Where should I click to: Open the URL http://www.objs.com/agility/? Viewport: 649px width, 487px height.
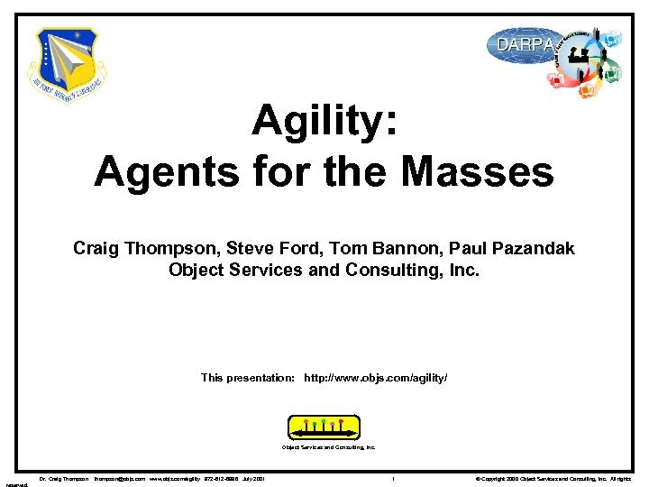click(x=376, y=378)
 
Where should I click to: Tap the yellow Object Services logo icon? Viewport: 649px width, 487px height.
click(x=324, y=426)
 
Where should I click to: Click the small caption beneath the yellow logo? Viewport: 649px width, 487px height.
click(x=328, y=446)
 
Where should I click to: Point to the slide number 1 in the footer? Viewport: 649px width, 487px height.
click(x=394, y=478)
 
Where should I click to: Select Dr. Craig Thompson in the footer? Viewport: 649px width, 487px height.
click(x=63, y=478)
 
